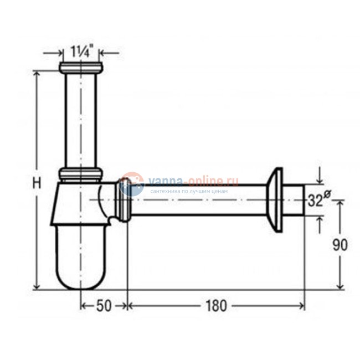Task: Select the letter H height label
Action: [x=36, y=183]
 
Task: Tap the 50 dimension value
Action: [x=104, y=306]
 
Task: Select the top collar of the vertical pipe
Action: [x=81, y=69]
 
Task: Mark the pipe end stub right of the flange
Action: [x=296, y=200]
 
